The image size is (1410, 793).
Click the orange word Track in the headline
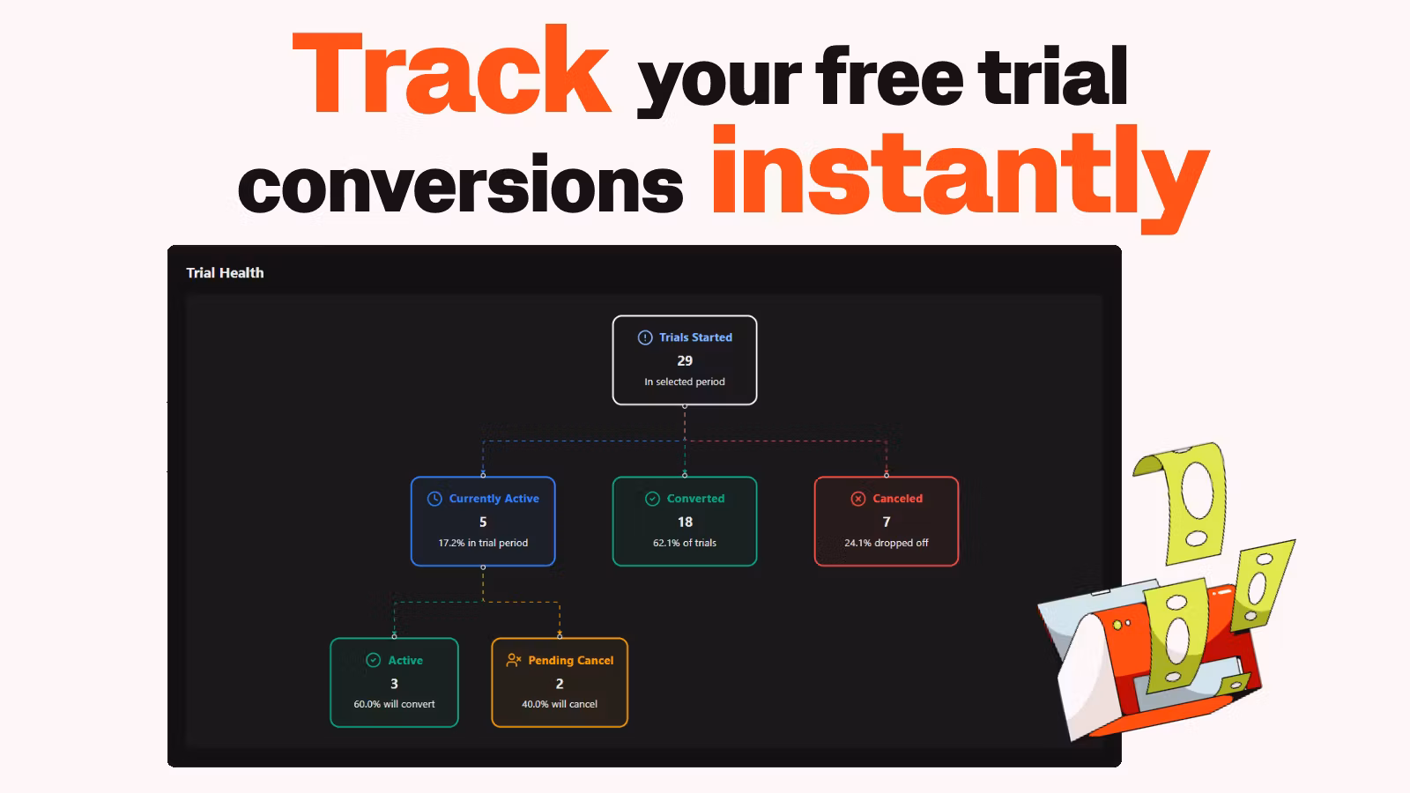pos(451,70)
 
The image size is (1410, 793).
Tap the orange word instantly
pos(960,179)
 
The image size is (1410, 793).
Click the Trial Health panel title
pos(225,272)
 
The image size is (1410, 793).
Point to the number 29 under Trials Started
pos(685,360)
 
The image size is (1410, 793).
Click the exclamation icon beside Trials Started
pos(645,337)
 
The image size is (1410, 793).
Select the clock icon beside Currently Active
pos(434,499)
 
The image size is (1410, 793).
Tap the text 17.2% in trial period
pos(483,543)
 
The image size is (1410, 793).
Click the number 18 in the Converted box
pos(685,522)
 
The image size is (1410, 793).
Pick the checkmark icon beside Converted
pos(652,499)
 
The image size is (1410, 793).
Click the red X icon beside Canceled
pos(858,499)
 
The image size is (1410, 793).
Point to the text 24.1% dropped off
pos(887,543)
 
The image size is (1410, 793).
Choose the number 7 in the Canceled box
pos(887,522)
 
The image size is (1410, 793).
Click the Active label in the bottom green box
pos(405,660)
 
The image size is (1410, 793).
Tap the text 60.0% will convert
pos(394,704)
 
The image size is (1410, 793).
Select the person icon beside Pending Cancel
pos(514,660)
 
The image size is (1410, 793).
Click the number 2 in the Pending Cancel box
pos(560,684)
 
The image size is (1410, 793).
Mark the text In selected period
pos(684,382)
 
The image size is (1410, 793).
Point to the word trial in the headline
pos(1052,77)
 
